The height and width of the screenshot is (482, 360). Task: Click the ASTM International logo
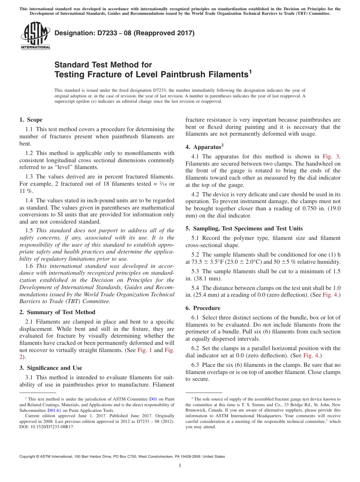(x=35, y=36)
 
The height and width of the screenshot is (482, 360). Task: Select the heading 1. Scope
(x=31, y=120)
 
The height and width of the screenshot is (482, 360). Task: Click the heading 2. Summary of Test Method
(x=57, y=312)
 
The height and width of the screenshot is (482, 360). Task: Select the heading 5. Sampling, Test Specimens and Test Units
(x=244, y=228)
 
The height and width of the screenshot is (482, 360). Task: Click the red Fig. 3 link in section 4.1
(x=331, y=156)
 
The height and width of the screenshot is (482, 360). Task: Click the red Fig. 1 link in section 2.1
(x=144, y=350)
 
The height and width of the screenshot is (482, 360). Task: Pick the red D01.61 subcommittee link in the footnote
(x=54, y=410)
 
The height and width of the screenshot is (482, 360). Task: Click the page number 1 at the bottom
(x=180, y=466)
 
